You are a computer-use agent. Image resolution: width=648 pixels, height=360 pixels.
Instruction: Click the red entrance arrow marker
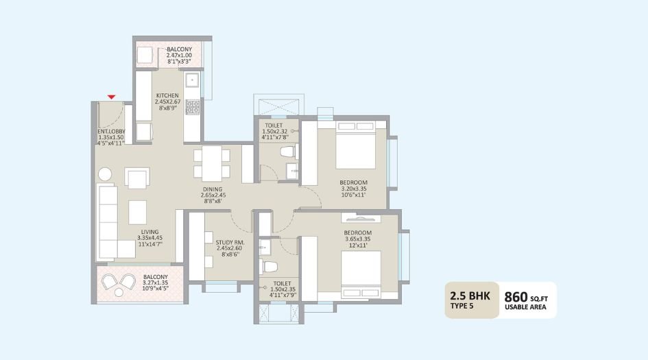click(x=111, y=98)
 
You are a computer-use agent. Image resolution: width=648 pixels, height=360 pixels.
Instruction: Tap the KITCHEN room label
click(x=167, y=95)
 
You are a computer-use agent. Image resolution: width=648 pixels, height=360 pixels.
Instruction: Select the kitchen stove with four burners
click(x=193, y=106)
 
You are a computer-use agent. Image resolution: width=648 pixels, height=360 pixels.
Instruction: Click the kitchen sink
click(x=193, y=80)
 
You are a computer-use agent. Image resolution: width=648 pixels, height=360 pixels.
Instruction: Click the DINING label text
click(x=213, y=189)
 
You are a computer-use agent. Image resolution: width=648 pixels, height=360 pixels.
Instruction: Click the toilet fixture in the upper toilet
click(x=287, y=152)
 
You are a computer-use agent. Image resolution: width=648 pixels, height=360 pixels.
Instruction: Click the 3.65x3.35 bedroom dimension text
click(x=358, y=240)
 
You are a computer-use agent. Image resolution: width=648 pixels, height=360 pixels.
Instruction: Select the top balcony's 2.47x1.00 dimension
click(x=179, y=56)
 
